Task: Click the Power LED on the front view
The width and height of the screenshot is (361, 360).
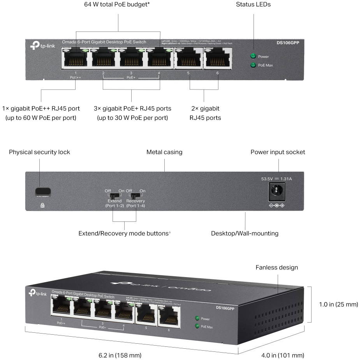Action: coord(254,56)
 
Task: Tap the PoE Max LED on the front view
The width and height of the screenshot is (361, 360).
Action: coord(254,65)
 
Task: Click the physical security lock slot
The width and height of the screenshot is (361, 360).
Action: coord(42,191)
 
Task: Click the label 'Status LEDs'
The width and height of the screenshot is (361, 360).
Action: coord(253,5)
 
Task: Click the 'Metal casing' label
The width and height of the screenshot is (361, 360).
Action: coord(164,152)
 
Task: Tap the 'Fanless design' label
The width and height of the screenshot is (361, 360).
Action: coord(276,267)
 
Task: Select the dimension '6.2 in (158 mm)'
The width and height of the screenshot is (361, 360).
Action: coord(120,355)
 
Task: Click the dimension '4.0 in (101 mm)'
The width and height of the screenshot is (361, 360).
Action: coord(283,355)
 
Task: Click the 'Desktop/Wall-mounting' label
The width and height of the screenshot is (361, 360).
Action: coord(245,234)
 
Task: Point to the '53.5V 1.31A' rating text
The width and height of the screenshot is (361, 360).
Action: coord(276,179)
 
